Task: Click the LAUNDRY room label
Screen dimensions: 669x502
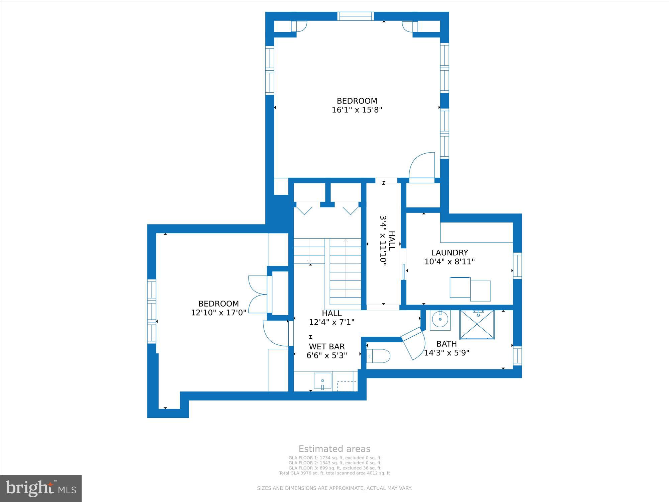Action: click(x=450, y=253)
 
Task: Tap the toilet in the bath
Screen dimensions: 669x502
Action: click(x=378, y=356)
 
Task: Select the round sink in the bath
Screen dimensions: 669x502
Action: click(x=440, y=320)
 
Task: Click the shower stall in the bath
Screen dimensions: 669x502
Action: click(x=477, y=324)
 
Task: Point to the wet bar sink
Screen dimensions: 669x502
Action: click(x=322, y=381)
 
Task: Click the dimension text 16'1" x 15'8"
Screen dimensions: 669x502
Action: click(x=357, y=110)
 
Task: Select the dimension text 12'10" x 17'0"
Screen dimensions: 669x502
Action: click(x=218, y=313)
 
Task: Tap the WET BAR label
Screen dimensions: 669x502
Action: click(x=326, y=346)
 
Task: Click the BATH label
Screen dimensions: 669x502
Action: click(x=447, y=344)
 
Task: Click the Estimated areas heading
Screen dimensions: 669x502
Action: click(x=334, y=449)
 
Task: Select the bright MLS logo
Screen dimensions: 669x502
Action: click(x=41, y=489)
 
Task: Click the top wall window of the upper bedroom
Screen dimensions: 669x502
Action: click(x=356, y=16)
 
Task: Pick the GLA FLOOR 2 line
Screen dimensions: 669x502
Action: click(x=334, y=463)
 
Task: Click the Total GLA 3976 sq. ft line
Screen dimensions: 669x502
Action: click(x=334, y=473)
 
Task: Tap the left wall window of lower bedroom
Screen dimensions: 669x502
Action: click(x=152, y=311)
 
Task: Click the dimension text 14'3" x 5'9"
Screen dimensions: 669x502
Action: click(x=447, y=353)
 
